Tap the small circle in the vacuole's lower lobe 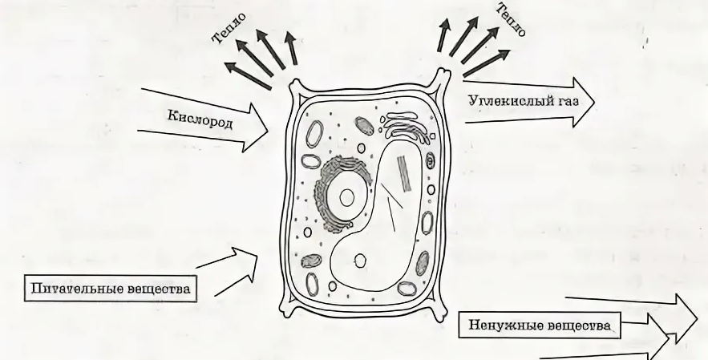[x=361, y=260]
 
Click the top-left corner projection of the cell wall [x=296, y=85]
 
